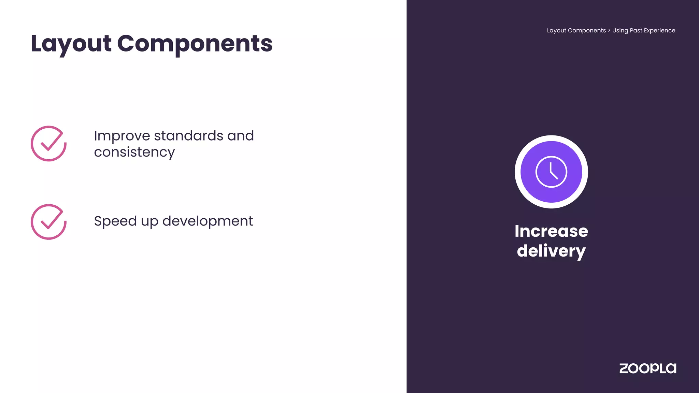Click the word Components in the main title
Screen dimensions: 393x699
(x=195, y=44)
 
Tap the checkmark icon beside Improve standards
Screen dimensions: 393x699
(x=48, y=144)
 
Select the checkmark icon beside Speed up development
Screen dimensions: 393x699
(x=48, y=222)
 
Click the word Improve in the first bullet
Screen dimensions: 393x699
(x=122, y=136)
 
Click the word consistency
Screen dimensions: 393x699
(x=134, y=152)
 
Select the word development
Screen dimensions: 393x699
(x=208, y=221)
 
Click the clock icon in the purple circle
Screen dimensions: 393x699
(x=551, y=172)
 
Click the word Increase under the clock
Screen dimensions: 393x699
(x=551, y=231)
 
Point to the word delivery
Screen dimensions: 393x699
(x=551, y=251)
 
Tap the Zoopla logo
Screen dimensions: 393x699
(x=647, y=368)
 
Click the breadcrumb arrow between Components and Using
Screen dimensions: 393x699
(x=609, y=30)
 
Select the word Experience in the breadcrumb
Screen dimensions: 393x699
(x=659, y=30)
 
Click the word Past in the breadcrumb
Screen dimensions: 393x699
(x=636, y=30)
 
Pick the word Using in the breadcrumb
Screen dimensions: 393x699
(x=620, y=30)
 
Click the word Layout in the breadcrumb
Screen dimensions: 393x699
(x=556, y=30)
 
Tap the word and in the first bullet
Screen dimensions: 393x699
(x=241, y=136)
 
